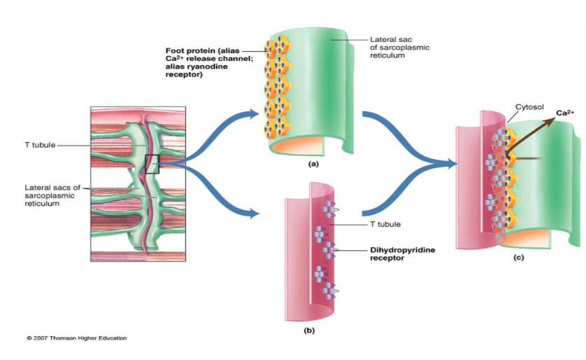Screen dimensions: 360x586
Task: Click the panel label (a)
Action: coord(313,162)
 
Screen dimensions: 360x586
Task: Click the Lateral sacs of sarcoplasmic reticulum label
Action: coord(53,195)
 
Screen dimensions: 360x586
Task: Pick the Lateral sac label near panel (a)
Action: coord(400,48)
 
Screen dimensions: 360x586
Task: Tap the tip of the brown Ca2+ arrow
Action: coord(551,120)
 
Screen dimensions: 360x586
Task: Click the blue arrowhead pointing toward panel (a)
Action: coord(254,113)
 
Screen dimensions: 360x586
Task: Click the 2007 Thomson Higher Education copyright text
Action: coord(77,338)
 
